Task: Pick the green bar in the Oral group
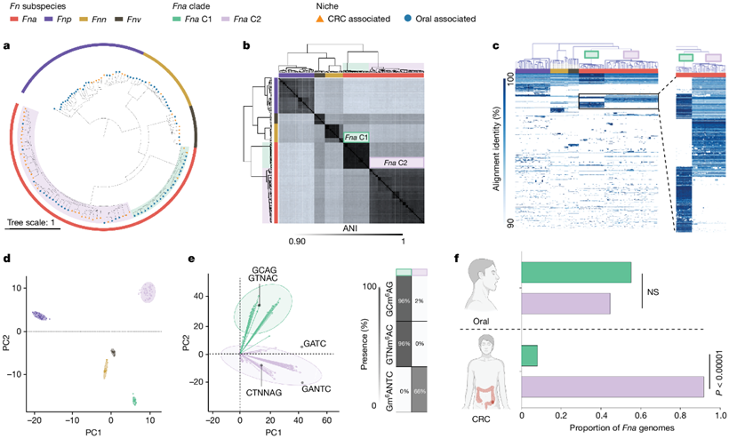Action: pos(575,272)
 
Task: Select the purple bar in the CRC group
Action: pos(612,387)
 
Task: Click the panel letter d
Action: pos(7,259)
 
